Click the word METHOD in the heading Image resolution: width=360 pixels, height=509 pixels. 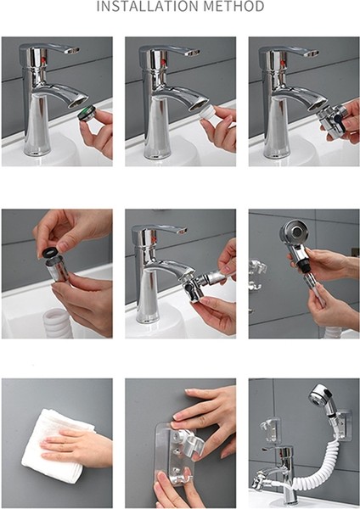coord(235,8)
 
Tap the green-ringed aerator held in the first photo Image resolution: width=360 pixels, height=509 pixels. coord(83,115)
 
